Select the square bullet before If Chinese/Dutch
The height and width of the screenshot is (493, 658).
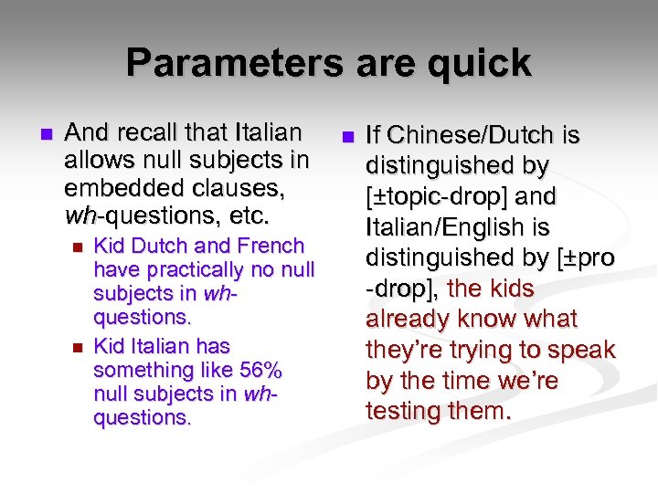[x=347, y=137]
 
